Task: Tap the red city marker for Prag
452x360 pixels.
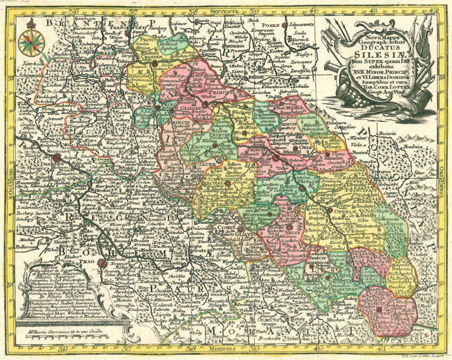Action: point(101,263)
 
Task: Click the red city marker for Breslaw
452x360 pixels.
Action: point(276,157)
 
